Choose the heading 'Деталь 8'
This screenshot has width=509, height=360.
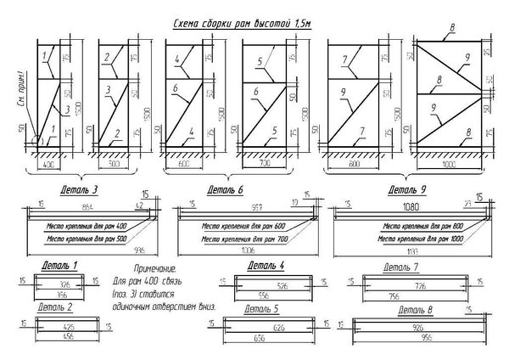[417, 312]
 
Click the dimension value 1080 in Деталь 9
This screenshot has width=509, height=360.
[411, 207]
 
